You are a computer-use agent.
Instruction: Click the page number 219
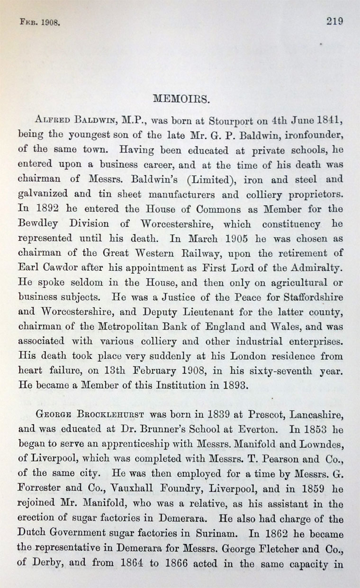tap(333, 21)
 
